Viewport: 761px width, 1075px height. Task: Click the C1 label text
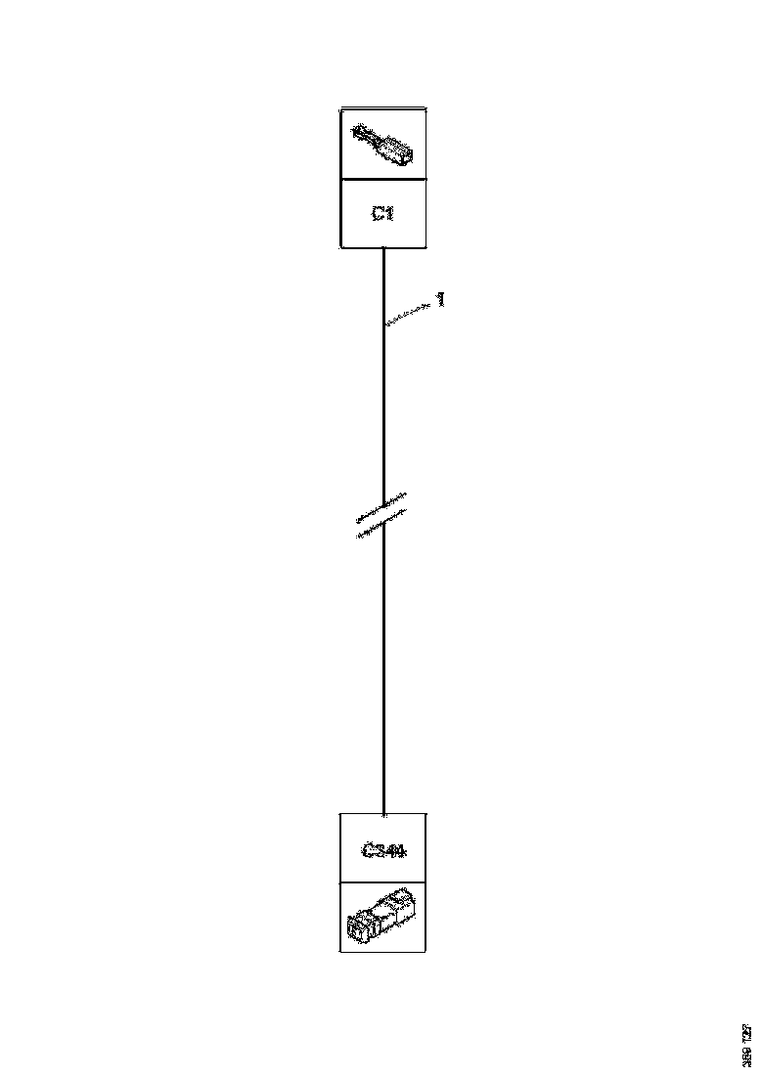click(x=382, y=213)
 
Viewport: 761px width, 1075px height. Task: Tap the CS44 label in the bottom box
click(x=383, y=850)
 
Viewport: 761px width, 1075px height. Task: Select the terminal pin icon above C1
click(x=383, y=144)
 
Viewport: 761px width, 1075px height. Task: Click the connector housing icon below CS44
click(x=381, y=916)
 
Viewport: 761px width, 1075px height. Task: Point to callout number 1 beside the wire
click(x=441, y=300)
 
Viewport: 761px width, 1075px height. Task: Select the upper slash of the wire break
click(x=381, y=506)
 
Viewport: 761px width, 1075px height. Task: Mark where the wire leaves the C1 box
click(x=383, y=249)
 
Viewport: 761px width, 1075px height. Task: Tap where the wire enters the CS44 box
click(x=383, y=812)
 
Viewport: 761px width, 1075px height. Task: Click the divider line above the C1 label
click(x=383, y=179)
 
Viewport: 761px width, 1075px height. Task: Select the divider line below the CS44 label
click(x=383, y=881)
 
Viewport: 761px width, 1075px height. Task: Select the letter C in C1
click(x=377, y=213)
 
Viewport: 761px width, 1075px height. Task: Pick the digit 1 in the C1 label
click(x=389, y=213)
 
